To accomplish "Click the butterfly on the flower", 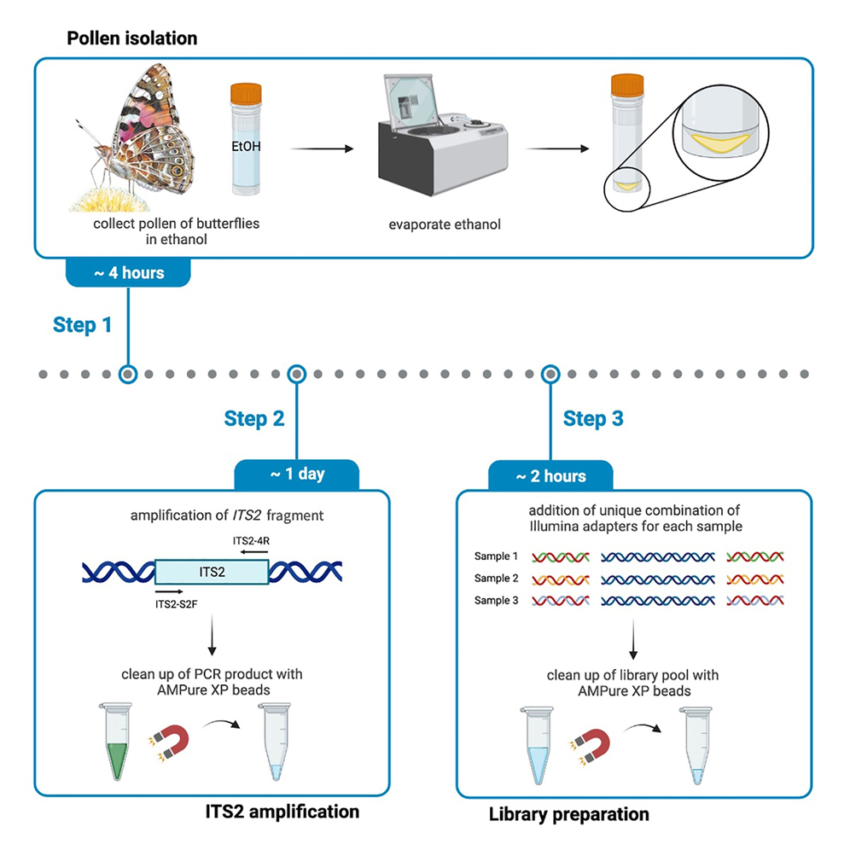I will tap(141, 137).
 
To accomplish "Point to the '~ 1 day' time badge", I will tap(297, 474).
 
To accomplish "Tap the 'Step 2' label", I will tap(254, 418).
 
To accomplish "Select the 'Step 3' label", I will tap(593, 418).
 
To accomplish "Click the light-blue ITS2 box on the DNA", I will tap(211, 572).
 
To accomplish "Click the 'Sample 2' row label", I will tap(496, 579).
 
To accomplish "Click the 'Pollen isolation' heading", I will tap(131, 38).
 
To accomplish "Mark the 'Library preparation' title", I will tap(568, 814).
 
